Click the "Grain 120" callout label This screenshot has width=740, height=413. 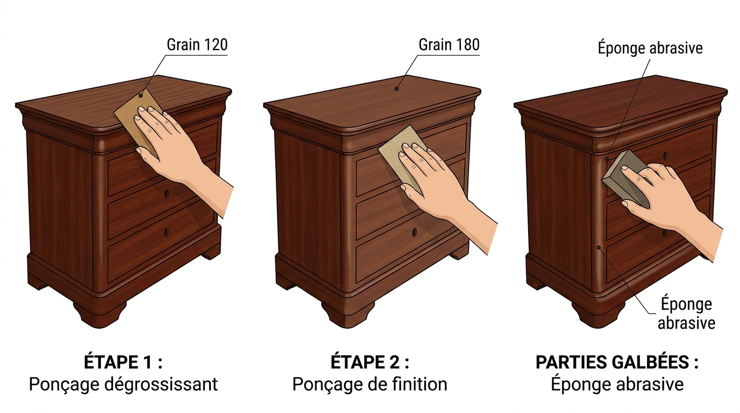pos(197,45)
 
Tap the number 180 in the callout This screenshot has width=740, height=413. pos(465,45)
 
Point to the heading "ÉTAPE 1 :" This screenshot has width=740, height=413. pos(123,362)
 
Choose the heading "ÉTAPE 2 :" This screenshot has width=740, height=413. pos(370,362)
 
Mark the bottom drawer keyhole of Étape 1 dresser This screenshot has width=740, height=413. pos(166,232)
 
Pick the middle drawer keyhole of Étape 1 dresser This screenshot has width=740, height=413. pos(167,194)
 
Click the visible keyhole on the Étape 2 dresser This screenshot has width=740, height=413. pos(414,232)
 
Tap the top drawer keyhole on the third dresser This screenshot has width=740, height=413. pos(665,156)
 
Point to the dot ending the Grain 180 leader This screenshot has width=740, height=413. pos(396,89)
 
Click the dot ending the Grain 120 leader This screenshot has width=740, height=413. pos(141,96)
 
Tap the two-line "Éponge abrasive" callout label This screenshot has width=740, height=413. pos(686,314)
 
